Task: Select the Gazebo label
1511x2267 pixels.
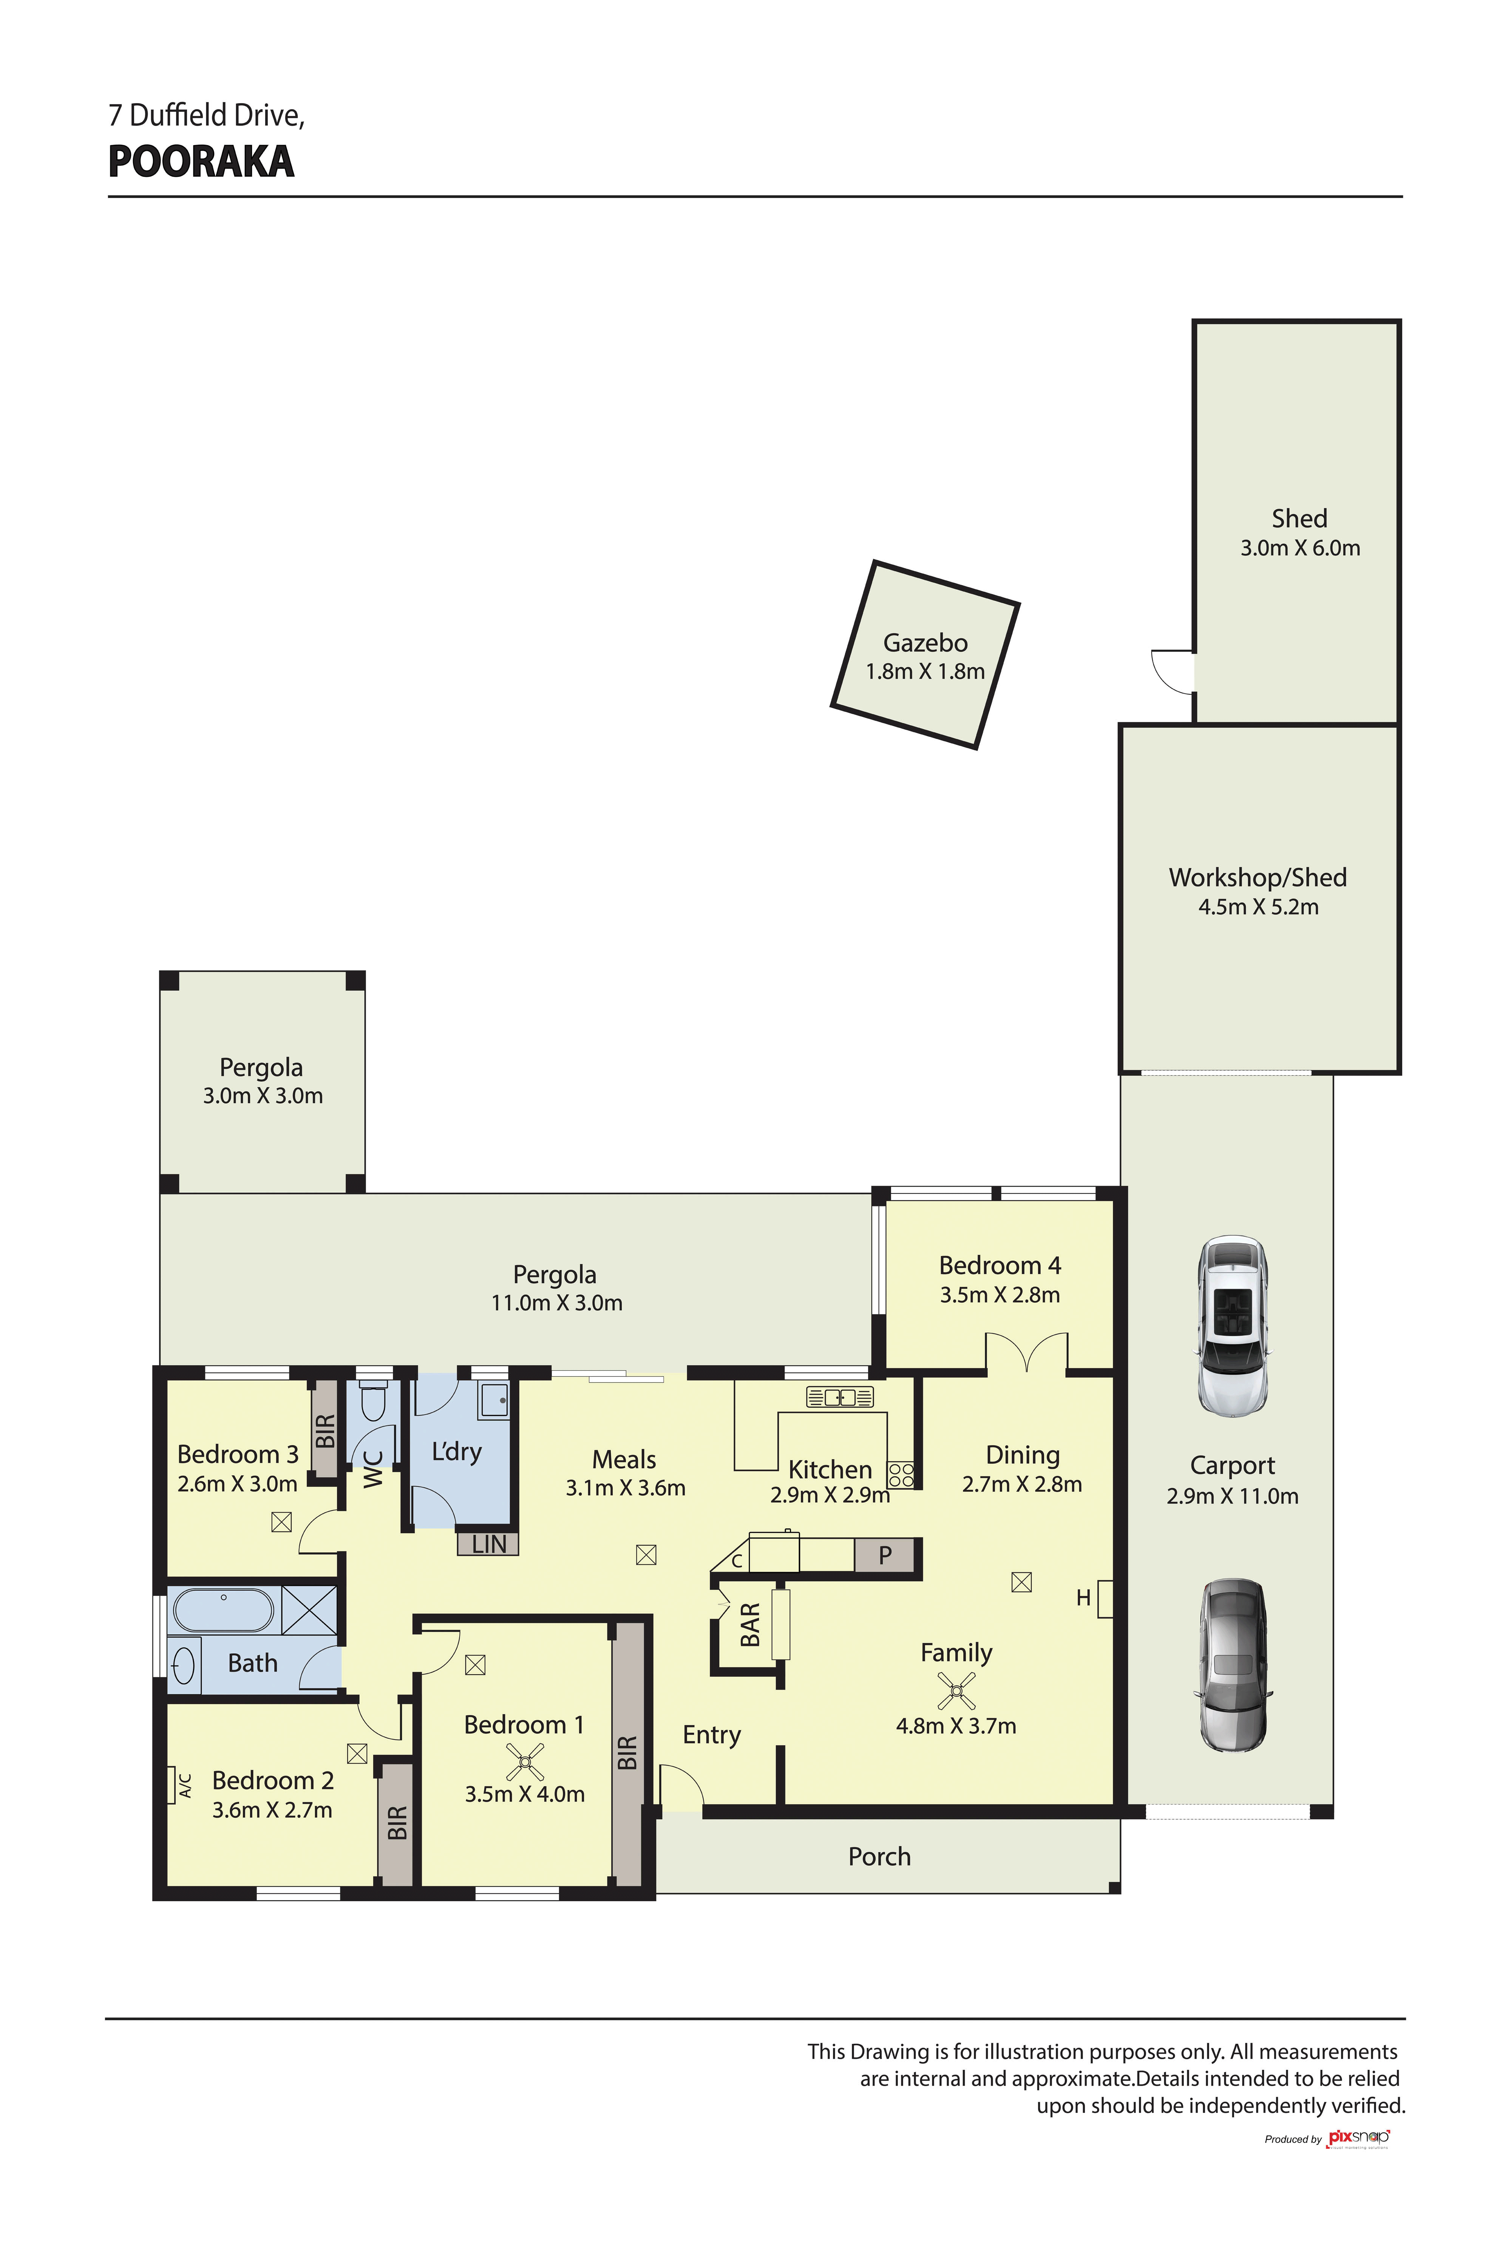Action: (x=925, y=643)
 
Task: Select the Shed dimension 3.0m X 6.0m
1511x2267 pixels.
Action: (x=1300, y=549)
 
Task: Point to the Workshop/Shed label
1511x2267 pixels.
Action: (x=1258, y=877)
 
